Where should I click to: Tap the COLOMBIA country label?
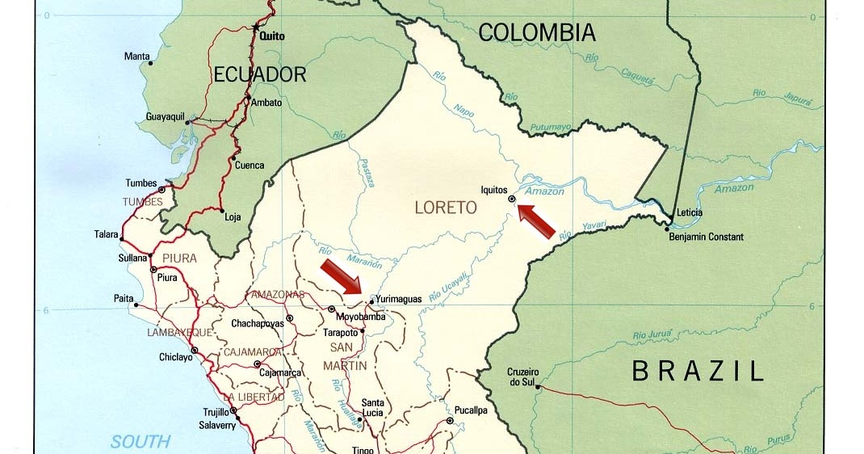click(536, 33)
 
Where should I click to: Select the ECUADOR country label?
click(260, 75)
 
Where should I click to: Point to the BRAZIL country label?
click(698, 371)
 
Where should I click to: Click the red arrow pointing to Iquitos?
click(537, 221)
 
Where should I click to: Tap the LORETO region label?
click(446, 208)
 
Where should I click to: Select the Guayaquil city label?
click(166, 117)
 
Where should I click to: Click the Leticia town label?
click(689, 212)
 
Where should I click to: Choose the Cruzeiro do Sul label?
click(523, 376)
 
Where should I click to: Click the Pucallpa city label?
click(471, 410)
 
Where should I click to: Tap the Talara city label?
click(106, 234)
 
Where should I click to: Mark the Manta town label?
click(136, 57)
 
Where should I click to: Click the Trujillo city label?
click(215, 412)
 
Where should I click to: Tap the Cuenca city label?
click(249, 166)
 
